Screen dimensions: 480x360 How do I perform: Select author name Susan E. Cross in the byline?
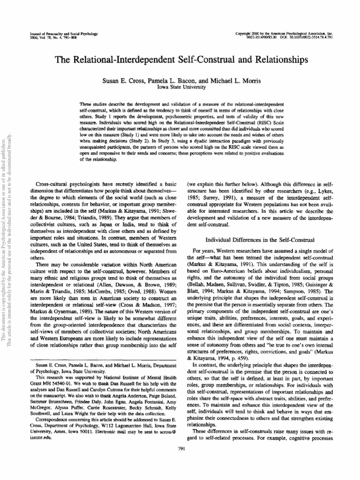pyautogui.click(x=122, y=81)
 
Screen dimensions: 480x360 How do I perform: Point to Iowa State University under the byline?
pyautogui.click(x=180, y=87)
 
